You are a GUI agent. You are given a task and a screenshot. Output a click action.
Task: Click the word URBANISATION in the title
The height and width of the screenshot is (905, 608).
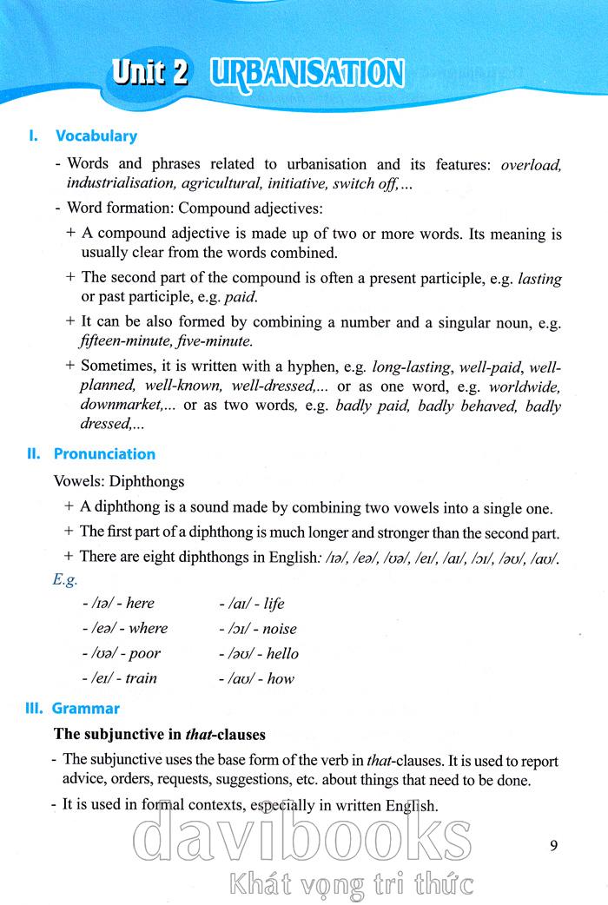[307, 74]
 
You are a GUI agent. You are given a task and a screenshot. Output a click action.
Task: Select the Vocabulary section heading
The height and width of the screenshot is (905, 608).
[96, 136]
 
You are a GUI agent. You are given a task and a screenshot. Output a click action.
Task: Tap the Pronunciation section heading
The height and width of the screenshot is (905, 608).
[104, 453]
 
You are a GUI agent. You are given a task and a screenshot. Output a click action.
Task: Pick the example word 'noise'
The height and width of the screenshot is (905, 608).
[279, 629]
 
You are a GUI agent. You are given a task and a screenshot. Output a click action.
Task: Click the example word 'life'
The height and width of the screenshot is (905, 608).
[274, 604]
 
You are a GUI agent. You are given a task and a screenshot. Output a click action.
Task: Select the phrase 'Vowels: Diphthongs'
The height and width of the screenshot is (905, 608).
[118, 481]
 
